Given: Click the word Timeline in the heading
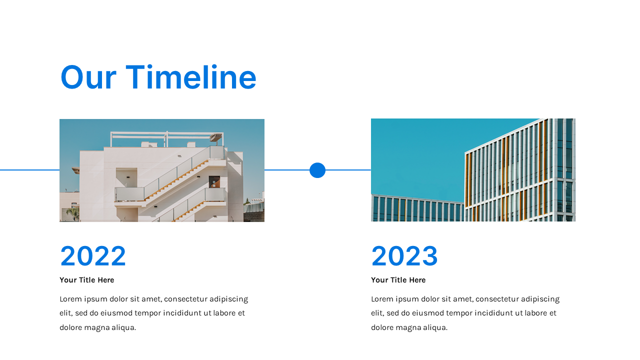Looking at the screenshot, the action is (191, 77).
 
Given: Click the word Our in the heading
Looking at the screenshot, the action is (88, 77).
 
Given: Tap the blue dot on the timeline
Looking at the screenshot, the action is (317, 170).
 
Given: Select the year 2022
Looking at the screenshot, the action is (93, 255).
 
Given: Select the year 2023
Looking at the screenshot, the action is (404, 255).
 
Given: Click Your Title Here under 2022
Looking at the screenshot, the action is (87, 280).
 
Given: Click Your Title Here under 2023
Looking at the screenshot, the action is (398, 280).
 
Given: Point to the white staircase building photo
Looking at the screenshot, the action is (162, 170).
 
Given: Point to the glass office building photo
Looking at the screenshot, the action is (473, 170).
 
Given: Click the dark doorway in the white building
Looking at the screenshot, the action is (214, 182).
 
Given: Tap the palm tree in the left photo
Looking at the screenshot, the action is (73, 213).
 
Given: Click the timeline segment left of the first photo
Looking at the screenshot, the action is (29, 170).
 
